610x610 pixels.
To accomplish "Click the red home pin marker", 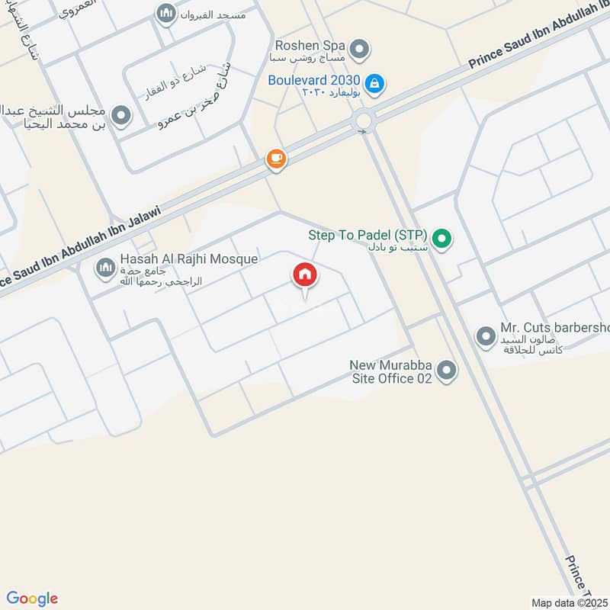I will (x=305, y=276).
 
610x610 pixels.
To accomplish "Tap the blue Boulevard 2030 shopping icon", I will (x=374, y=82).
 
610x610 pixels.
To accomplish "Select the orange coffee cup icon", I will (x=275, y=159).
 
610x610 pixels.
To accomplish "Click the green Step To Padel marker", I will (x=443, y=238).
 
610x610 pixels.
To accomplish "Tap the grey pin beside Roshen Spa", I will (x=362, y=50).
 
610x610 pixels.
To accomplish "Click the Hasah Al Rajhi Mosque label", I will (x=188, y=259).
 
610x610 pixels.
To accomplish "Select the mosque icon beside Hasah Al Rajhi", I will (x=105, y=268).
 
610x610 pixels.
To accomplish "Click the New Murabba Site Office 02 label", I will (x=390, y=371).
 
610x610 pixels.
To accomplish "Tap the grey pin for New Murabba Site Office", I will (x=448, y=371).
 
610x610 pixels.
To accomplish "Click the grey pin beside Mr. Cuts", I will (x=485, y=335).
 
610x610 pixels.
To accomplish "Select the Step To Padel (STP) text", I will (x=368, y=236).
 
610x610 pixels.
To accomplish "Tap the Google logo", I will (x=32, y=599).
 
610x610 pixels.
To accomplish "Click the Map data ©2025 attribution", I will (x=569, y=602).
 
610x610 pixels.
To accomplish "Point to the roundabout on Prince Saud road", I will (x=363, y=120).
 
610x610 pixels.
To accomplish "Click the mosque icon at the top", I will (x=165, y=13).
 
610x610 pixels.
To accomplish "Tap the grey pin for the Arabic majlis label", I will (x=120, y=116).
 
